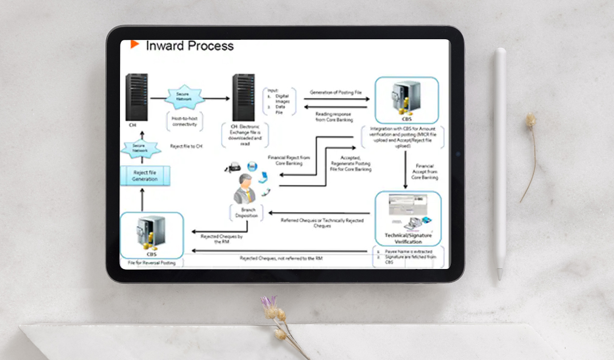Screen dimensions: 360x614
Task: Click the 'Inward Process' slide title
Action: pyautogui.click(x=189, y=46)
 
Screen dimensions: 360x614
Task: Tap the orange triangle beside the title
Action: pyautogui.click(x=135, y=44)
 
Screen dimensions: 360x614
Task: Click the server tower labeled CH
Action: pyautogui.click(x=136, y=96)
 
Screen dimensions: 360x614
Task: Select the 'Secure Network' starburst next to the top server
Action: pyautogui.click(x=184, y=98)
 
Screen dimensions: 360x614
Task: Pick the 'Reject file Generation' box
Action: pyautogui.click(x=144, y=176)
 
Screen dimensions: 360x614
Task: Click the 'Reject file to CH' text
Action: pyautogui.click(x=186, y=146)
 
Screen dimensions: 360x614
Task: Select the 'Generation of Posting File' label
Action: pyautogui.click(x=335, y=92)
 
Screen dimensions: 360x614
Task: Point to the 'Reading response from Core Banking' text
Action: pyautogui.click(x=334, y=117)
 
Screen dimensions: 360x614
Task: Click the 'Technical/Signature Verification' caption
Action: pyautogui.click(x=408, y=238)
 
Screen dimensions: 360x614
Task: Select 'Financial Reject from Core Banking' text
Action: pyautogui.click(x=289, y=160)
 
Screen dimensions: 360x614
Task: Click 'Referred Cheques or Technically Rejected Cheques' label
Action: pyautogui.click(x=322, y=222)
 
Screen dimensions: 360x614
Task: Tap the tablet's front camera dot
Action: pyautogui.click(x=457, y=154)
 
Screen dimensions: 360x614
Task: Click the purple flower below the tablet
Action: pyautogui.click(x=268, y=302)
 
